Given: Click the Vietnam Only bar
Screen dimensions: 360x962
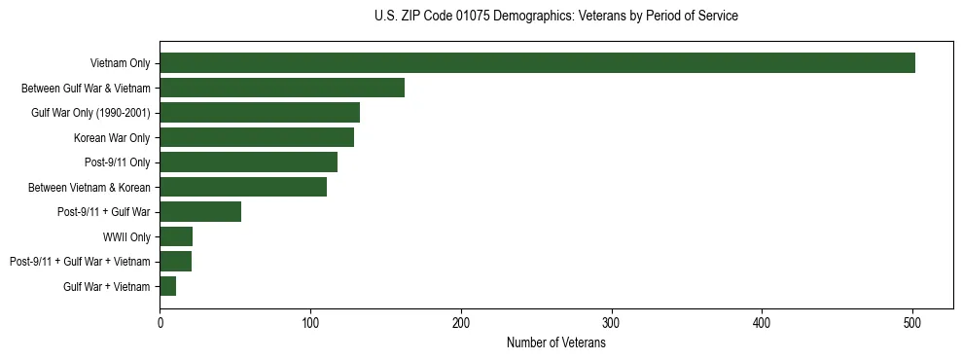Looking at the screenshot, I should (x=537, y=63).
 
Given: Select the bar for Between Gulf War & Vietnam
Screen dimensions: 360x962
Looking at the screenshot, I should (x=282, y=88).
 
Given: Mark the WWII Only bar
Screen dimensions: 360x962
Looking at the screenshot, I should (x=176, y=236).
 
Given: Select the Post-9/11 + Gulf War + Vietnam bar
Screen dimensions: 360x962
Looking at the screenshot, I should (x=176, y=262).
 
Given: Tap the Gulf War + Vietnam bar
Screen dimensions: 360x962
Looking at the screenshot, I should (x=168, y=286).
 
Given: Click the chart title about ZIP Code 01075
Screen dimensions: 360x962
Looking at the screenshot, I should (x=556, y=17).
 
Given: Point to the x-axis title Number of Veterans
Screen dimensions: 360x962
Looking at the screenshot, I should (x=556, y=343).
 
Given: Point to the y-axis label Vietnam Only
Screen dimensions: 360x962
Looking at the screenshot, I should (x=120, y=63).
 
